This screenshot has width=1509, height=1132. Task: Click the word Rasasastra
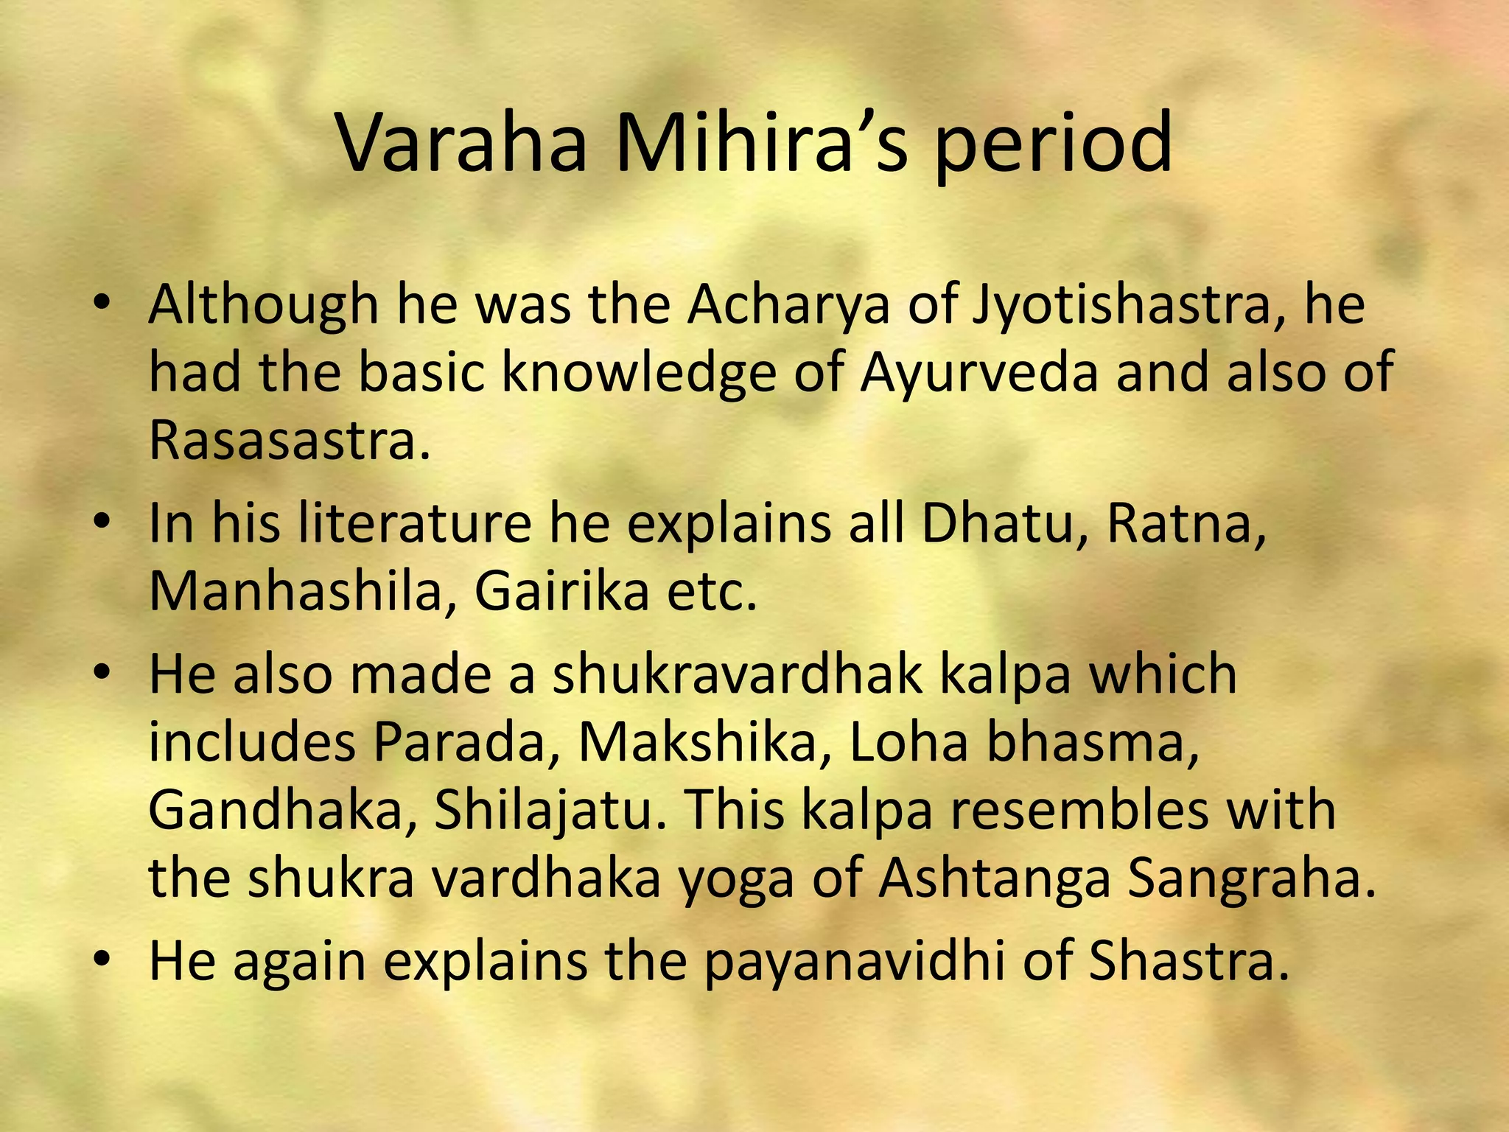click(x=289, y=440)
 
